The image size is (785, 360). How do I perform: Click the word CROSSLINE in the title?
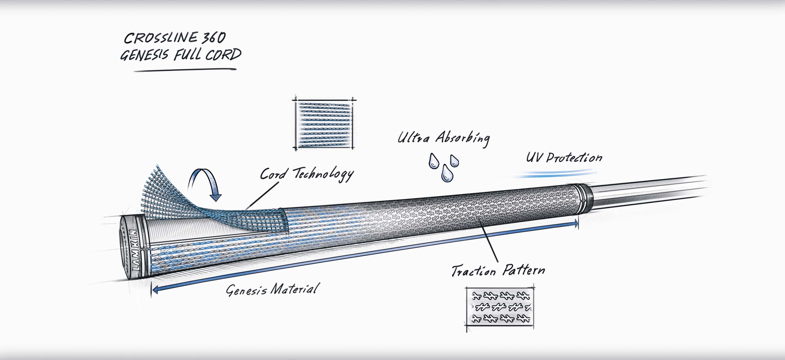coord(160,38)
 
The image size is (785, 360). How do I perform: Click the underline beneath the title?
coord(185,70)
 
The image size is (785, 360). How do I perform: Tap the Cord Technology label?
coord(306,174)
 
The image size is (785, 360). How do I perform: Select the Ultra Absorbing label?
coord(444,138)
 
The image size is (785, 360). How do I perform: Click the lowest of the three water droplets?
coord(447,174)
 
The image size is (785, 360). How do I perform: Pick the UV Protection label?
coord(564,158)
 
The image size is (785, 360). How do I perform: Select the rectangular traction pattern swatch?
coord(499,307)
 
